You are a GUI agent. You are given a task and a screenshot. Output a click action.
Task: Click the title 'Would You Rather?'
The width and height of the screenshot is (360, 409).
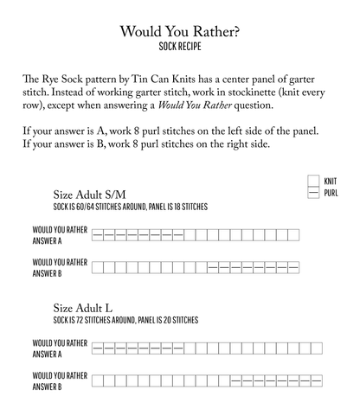point(180,32)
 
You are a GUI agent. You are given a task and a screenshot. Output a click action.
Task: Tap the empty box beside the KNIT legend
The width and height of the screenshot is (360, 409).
point(312,181)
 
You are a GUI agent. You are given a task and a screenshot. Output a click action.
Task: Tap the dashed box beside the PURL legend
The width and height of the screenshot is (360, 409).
point(312,192)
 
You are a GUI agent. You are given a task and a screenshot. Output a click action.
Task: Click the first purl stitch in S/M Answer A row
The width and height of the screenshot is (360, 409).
point(97,234)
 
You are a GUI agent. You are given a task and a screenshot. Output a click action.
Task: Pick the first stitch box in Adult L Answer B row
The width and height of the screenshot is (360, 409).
point(97,380)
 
